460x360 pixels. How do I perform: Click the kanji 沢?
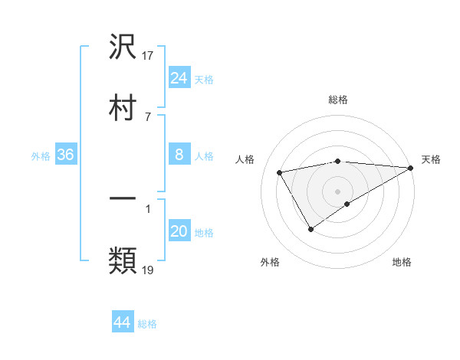point(123,47)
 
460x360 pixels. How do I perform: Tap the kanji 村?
point(123,108)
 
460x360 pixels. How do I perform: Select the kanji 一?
point(123,201)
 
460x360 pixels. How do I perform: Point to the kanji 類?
point(123,261)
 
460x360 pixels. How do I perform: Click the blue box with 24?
point(179,77)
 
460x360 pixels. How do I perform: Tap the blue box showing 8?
point(179,155)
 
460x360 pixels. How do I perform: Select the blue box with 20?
point(179,231)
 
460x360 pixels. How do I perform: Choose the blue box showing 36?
point(65,155)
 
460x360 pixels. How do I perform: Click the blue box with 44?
point(123,322)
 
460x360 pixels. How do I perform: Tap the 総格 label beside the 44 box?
point(147,324)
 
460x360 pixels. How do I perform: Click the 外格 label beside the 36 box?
point(41,155)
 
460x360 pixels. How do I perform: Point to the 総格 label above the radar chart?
point(338,100)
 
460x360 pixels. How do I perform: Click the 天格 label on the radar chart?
point(431,159)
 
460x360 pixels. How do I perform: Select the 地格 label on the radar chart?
point(402,262)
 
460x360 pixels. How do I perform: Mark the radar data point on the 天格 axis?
point(411,168)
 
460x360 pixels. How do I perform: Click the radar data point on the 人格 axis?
point(280,172)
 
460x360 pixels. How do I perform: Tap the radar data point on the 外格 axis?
point(310,229)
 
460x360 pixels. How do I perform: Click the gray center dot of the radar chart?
point(338,191)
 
